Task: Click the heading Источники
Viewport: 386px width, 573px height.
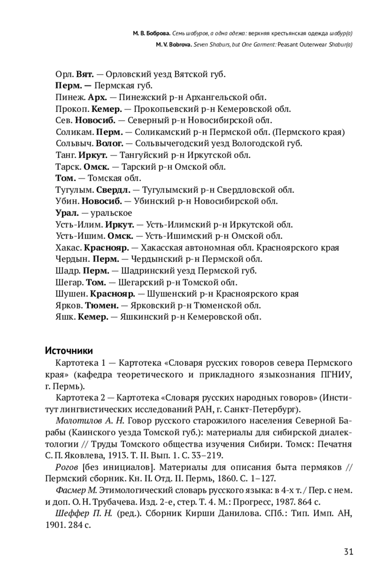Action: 69,351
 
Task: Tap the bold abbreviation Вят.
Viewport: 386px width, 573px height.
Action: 85,74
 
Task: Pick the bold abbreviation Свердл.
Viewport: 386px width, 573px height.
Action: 114,190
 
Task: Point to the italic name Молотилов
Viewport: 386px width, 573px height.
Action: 77,421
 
